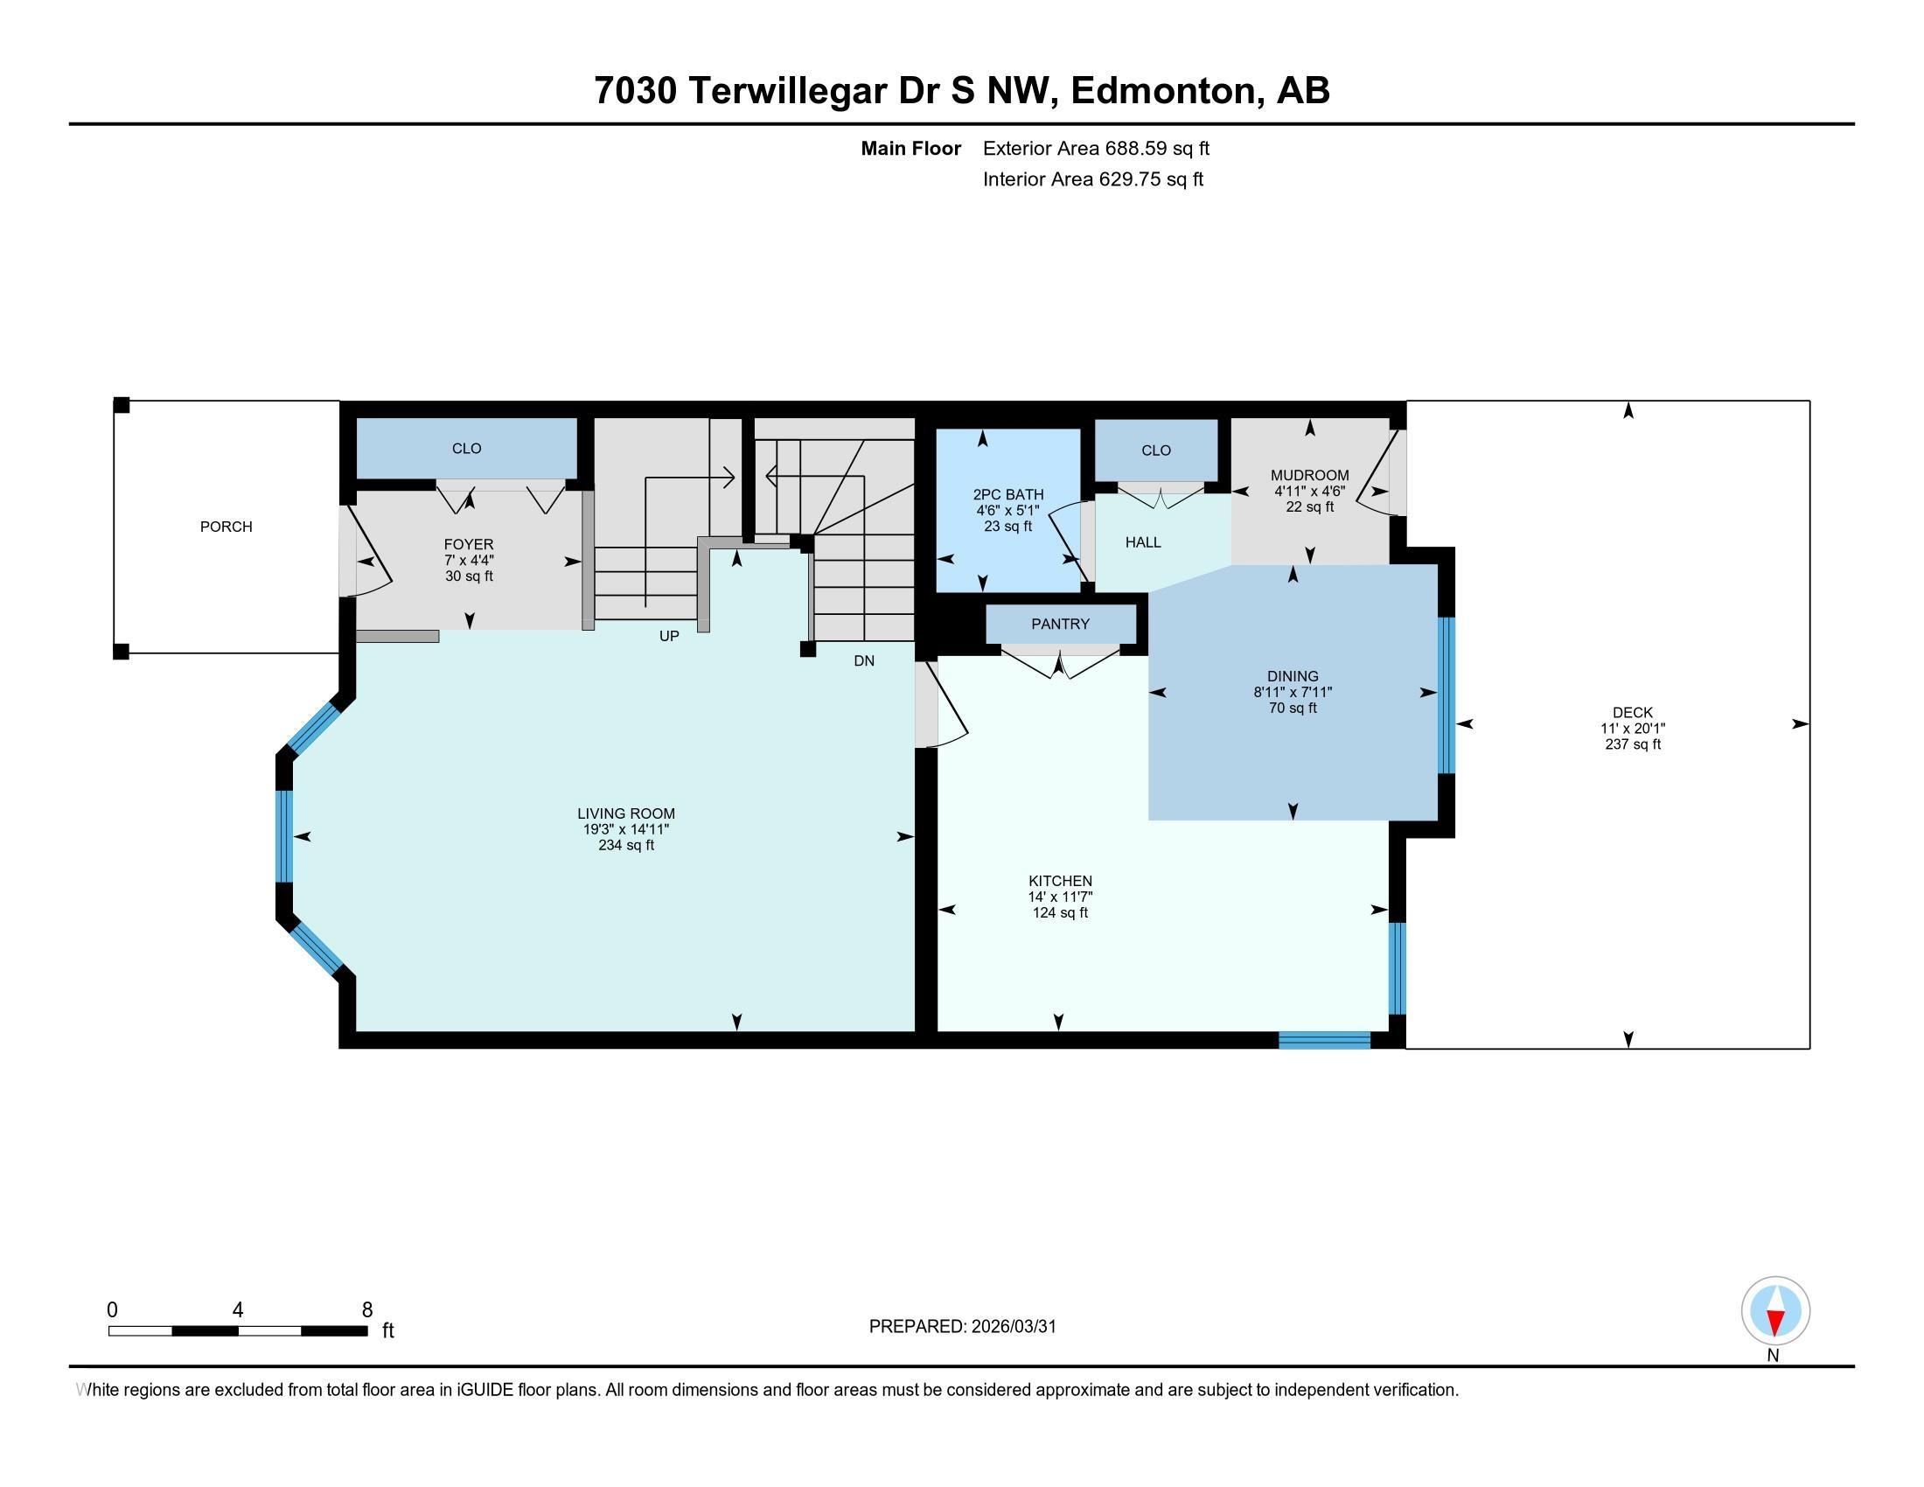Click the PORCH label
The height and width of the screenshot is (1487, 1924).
pyautogui.click(x=227, y=527)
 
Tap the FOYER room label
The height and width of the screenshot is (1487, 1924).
pyautogui.click(x=469, y=544)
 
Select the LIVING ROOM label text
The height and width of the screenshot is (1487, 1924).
pyautogui.click(x=626, y=814)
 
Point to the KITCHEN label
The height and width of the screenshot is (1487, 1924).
pyautogui.click(x=1061, y=881)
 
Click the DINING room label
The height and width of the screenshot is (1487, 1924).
pyautogui.click(x=1293, y=676)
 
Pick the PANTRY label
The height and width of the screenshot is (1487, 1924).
pyautogui.click(x=1061, y=624)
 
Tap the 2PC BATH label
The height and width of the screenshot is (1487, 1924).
pyautogui.click(x=1007, y=495)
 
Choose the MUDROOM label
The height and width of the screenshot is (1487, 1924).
pyautogui.click(x=1310, y=476)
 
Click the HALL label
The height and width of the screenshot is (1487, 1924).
pyautogui.click(x=1144, y=542)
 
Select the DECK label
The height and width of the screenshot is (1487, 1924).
pyautogui.click(x=1634, y=713)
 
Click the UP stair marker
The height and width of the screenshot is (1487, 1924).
pyautogui.click(x=670, y=636)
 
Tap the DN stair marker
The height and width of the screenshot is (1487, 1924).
pyautogui.click(x=864, y=660)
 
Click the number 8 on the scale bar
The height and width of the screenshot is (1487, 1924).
pyautogui.click(x=367, y=1310)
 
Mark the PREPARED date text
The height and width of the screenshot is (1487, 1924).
pyautogui.click(x=963, y=1327)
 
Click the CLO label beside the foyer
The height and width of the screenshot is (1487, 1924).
pyautogui.click(x=467, y=449)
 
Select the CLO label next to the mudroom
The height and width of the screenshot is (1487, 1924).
pyautogui.click(x=1157, y=451)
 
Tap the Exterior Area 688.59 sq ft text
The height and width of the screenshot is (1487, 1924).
pyautogui.click(x=1097, y=149)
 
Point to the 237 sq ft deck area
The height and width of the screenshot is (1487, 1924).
pyautogui.click(x=1634, y=744)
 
